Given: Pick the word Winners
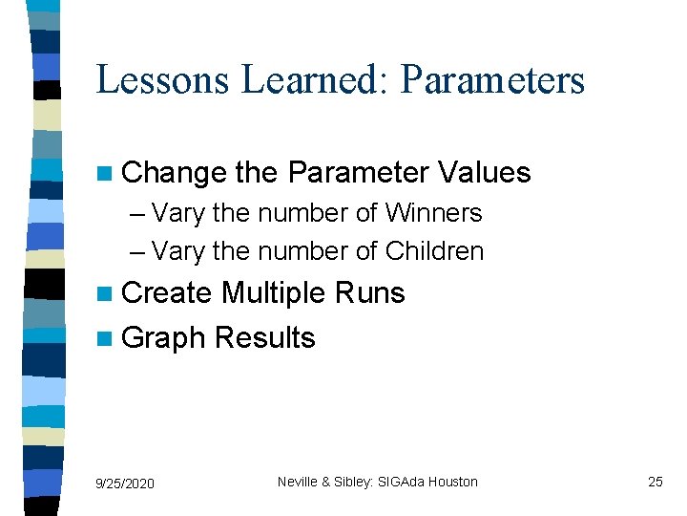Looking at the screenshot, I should (433, 212).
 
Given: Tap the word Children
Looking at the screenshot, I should (434, 251).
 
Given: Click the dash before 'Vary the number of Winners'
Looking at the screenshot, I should (135, 213).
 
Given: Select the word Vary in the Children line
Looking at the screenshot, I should (178, 251).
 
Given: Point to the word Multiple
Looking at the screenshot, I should (277, 293).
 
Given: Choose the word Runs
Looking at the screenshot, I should (373, 293).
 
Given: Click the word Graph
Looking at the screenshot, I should (165, 338).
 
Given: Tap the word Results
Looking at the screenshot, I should (265, 338).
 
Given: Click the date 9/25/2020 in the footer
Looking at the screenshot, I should (125, 484).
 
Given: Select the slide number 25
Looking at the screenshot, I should (655, 482).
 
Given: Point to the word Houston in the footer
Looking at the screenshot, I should (452, 482).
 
